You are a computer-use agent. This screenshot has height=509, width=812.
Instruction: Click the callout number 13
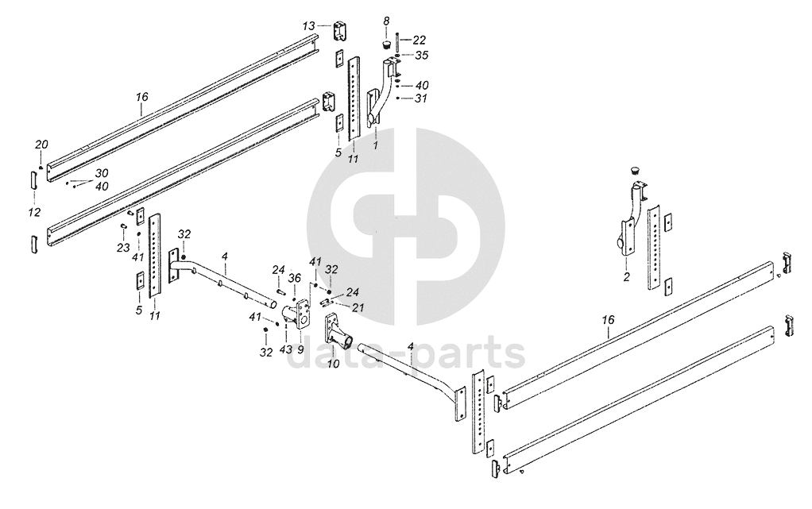point(309,26)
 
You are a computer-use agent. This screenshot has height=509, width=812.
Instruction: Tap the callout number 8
point(386,19)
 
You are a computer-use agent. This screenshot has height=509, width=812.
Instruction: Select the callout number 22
point(420,40)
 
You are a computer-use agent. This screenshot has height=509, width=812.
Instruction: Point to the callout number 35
point(421,56)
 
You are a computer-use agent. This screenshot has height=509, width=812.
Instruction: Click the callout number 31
point(421,98)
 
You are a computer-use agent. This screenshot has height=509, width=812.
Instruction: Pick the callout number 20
point(42,144)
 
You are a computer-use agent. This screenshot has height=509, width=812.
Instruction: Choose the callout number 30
point(102,173)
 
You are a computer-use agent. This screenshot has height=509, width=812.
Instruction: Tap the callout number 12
point(33,214)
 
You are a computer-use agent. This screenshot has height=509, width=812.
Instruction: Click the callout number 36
point(295,278)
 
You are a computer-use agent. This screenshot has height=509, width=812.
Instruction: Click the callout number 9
point(301,350)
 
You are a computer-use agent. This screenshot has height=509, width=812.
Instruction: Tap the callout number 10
point(333,364)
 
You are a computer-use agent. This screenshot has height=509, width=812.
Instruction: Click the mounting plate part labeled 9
point(304,314)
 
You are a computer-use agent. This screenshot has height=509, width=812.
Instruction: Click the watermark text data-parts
point(404,356)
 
